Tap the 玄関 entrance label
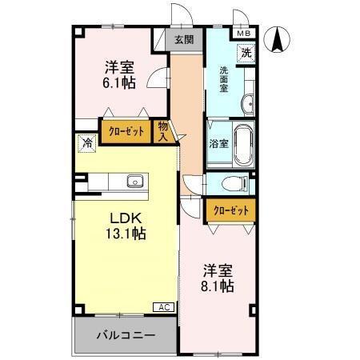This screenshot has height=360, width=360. coord(183,39)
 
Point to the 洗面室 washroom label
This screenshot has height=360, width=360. coord(225,79)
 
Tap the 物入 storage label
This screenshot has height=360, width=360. coord(163,130)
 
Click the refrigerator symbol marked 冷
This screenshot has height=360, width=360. coord(85,144)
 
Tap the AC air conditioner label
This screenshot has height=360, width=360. coord(163,307)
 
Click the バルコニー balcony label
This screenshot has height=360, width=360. coord(124,334)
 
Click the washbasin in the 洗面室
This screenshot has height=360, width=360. coord(248,102)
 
